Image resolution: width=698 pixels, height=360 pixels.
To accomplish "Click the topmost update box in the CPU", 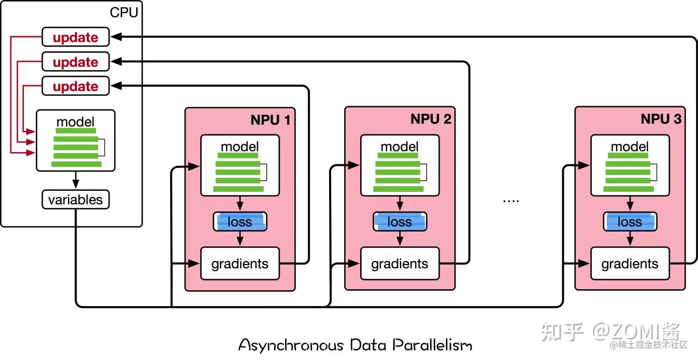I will [76, 37].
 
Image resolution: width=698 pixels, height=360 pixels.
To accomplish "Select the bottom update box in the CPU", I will [76, 86].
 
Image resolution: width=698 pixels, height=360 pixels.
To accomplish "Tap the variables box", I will [76, 200].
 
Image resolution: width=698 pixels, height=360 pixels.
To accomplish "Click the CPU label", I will [124, 12].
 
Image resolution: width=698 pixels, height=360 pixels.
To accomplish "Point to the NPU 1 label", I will [270, 120].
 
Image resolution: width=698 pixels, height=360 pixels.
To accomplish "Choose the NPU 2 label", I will [430, 119].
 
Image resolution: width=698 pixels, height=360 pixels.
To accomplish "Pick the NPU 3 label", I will [661, 119].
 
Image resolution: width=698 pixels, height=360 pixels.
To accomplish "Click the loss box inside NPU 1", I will [240, 222].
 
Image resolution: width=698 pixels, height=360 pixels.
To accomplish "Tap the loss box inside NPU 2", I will [400, 222].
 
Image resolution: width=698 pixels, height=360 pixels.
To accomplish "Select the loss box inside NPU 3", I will [630, 222].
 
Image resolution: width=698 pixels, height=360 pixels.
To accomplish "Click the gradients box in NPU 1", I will [240, 264].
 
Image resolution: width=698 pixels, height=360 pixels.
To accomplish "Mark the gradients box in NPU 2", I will [400, 264].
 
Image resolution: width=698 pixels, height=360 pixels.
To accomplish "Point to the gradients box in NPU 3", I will [630, 264].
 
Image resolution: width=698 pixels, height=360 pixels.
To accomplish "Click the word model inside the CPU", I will [76, 122].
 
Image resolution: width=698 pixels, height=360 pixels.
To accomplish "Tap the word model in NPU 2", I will [400, 146].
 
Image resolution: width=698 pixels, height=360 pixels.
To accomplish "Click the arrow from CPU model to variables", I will [76, 181].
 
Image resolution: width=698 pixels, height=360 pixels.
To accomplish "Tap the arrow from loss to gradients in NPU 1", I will [240, 238].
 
